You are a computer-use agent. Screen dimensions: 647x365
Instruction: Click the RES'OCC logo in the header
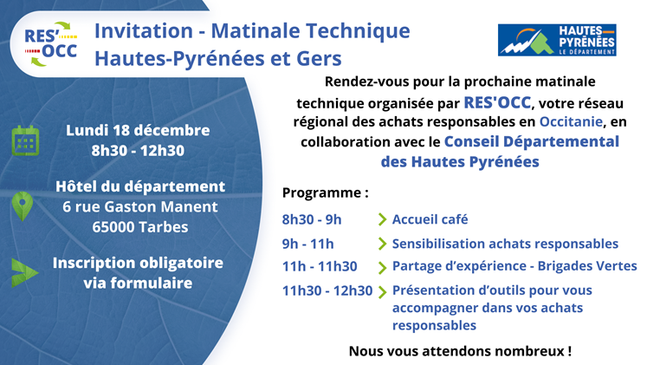[51, 43]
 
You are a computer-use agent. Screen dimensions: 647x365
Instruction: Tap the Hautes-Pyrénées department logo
[557, 40]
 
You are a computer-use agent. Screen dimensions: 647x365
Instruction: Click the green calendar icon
[26, 140]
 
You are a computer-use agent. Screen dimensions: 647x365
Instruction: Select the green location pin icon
[23, 206]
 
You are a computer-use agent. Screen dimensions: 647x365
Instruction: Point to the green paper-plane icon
[25, 272]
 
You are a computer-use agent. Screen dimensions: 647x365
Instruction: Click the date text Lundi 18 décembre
[138, 130]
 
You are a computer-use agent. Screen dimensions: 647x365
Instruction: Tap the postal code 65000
[113, 227]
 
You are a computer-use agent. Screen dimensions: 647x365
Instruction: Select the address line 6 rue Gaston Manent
[140, 206]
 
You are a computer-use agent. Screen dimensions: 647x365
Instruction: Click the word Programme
[322, 192]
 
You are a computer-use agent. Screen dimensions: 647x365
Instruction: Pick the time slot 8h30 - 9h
[312, 219]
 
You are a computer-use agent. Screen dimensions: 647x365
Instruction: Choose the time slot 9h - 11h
[307, 244]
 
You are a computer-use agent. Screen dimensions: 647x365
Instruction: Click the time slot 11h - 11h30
[320, 267]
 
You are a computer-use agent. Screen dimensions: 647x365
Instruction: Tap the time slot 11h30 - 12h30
[327, 290]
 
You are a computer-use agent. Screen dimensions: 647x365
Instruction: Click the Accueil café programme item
[430, 219]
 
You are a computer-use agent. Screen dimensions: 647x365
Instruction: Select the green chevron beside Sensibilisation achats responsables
[382, 244]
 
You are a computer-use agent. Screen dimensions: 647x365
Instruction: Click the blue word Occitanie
[571, 121]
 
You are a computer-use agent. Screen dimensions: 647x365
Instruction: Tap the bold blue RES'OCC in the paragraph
[497, 102]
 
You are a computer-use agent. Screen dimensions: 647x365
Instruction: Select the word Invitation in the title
[144, 31]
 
